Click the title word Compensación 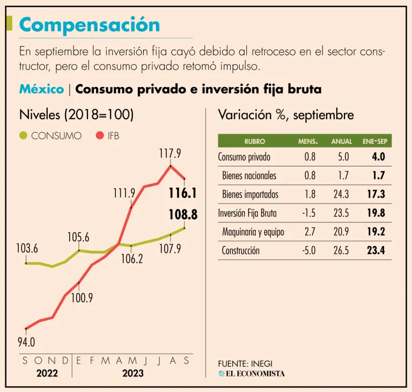coord(90,25)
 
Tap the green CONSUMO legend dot coord(23,135)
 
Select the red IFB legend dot coord(99,135)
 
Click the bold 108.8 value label coord(183,215)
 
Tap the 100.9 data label coord(82,298)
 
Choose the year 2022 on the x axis coord(47,373)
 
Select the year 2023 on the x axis coord(133,373)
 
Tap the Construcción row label coord(240,250)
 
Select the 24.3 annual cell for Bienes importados coord(341,194)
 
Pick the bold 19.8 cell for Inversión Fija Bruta coord(377,213)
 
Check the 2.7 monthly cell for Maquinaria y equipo coord(309,232)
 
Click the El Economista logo coord(252,373)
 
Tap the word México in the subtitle coord(41,89)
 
